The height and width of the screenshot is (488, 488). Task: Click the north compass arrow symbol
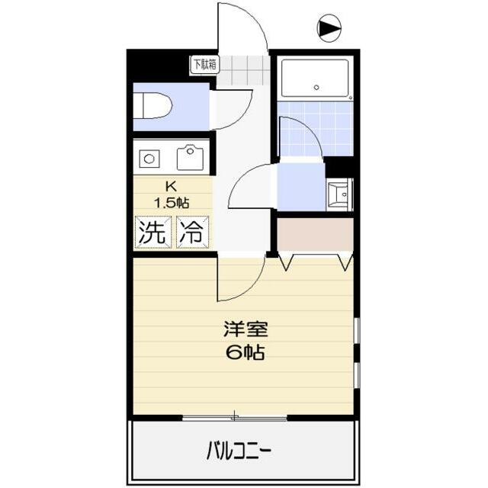click(329, 30)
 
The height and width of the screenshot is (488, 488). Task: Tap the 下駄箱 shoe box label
click(204, 65)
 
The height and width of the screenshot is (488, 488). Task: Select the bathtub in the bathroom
click(314, 79)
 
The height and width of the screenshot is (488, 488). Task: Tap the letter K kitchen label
click(172, 186)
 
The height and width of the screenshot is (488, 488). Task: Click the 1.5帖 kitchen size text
click(172, 202)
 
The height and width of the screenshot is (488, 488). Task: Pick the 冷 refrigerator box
click(192, 233)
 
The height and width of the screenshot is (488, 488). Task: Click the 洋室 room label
click(244, 330)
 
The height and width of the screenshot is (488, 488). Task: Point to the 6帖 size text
click(244, 352)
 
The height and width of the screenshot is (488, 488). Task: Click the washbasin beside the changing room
click(338, 194)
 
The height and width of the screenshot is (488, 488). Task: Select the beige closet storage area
click(314, 235)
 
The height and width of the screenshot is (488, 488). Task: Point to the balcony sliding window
click(235, 417)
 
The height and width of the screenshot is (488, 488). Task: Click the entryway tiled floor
click(244, 71)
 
